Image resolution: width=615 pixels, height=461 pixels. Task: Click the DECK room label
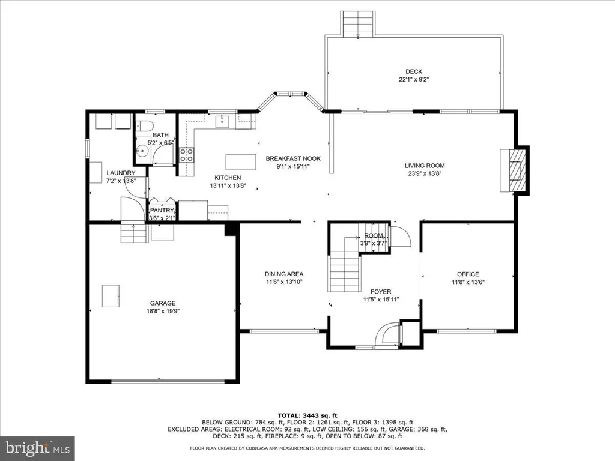(414, 71)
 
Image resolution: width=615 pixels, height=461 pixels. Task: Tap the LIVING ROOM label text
(425, 166)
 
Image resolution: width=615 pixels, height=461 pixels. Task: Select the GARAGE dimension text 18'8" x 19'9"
(163, 311)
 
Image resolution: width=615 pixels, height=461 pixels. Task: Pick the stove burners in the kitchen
(186, 155)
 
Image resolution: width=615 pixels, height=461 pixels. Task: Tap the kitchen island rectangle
(241, 162)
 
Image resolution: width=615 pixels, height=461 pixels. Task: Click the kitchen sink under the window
(222, 121)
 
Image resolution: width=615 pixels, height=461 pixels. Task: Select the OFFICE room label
(468, 274)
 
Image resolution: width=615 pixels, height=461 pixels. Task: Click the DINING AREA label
(284, 274)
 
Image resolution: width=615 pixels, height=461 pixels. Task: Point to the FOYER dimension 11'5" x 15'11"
(381, 300)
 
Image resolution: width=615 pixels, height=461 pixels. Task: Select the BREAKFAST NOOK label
(293, 158)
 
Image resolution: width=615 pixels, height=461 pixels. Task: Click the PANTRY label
(162, 211)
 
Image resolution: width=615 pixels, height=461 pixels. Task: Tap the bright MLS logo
(38, 447)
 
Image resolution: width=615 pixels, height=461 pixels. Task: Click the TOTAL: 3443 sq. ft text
(307, 415)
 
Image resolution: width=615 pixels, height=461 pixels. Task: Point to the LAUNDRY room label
(121, 173)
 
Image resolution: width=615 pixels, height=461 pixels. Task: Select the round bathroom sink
(142, 151)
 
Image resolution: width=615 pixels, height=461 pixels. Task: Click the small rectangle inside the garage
(111, 296)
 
